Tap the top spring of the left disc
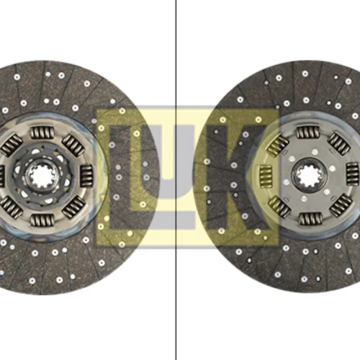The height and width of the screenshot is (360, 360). point(42,132)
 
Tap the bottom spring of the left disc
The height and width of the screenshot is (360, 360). point(42,220)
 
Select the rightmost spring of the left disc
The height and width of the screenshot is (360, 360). point(86,176)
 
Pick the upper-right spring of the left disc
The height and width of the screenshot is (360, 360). point(73,145)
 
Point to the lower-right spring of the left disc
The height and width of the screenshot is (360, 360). point(73,207)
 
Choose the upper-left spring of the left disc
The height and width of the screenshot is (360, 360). point(11,145)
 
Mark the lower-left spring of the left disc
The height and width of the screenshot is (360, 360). point(11,207)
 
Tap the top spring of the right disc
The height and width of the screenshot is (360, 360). point(308,132)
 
